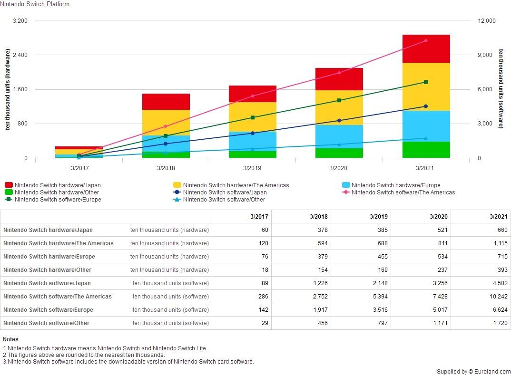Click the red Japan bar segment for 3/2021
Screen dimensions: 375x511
click(426, 48)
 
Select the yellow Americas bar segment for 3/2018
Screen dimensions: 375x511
click(166, 123)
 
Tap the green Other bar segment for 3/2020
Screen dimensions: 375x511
click(339, 153)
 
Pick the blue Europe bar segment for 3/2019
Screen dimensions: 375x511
click(252, 141)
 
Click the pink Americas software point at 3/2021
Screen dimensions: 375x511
click(425, 40)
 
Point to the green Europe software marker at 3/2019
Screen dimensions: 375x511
click(252, 117)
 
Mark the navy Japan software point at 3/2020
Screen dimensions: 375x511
click(339, 121)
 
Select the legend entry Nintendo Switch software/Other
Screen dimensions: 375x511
click(224, 200)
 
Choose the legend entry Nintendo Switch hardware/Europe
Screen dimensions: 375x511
click(395, 185)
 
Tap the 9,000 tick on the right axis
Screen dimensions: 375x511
click(487, 55)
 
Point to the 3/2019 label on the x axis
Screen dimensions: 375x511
click(252, 168)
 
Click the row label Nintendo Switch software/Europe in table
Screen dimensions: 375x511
click(49, 310)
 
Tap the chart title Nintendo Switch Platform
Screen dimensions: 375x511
click(35, 4)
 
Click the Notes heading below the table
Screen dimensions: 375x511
click(10, 339)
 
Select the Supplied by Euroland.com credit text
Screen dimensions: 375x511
click(473, 371)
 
